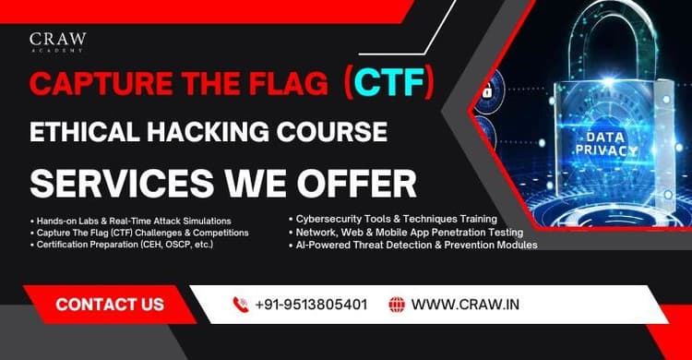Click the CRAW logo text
tap(57, 40)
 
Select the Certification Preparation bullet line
tap(125, 245)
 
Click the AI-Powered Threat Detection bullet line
tap(411, 245)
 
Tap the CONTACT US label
tap(110, 304)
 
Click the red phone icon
tap(241, 304)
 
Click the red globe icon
tap(397, 304)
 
